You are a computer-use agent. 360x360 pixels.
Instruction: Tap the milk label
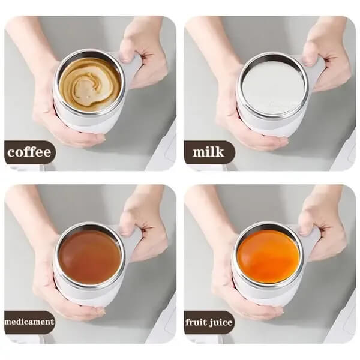click(208, 152)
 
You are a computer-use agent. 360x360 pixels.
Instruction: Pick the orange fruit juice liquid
click(266, 256)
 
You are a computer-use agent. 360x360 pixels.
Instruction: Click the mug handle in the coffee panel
click(134, 66)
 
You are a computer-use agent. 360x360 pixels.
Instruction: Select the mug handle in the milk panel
click(316, 66)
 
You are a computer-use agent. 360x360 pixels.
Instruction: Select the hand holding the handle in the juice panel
click(324, 228)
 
